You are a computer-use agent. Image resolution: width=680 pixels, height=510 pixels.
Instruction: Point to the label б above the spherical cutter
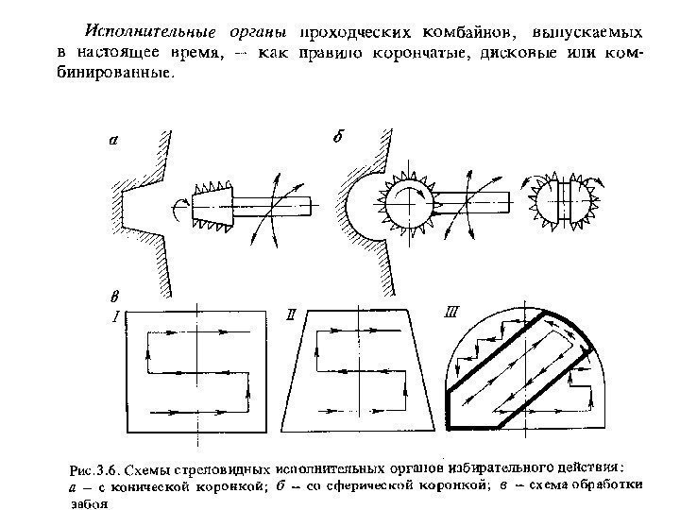[x=337, y=137]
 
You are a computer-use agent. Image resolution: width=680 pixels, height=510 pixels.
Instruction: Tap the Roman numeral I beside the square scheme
[x=115, y=316]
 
